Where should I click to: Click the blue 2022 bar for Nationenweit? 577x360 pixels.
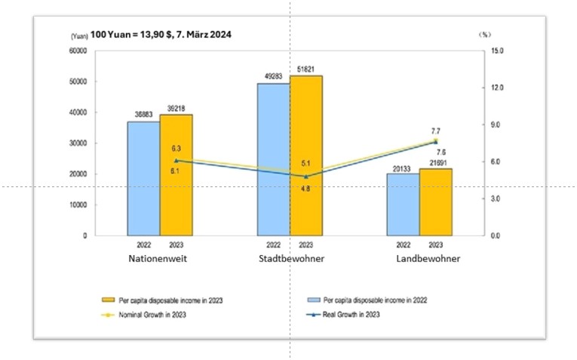click(143, 178)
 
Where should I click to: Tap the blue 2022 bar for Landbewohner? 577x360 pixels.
click(403, 205)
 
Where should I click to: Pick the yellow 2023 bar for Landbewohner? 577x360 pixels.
click(435, 202)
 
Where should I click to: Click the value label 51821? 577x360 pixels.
click(306, 69)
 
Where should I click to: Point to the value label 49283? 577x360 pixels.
click(273, 76)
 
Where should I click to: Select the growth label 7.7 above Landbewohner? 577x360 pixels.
click(435, 131)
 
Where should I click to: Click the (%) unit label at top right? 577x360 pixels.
click(484, 35)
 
